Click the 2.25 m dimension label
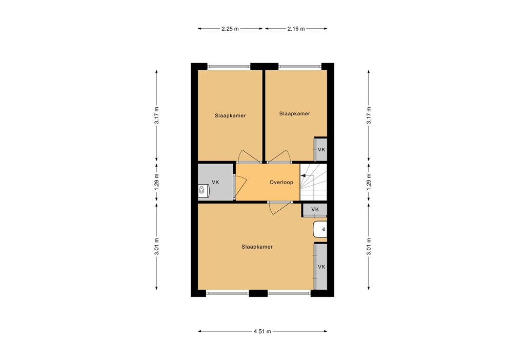(x=230, y=29)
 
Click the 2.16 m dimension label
(x=296, y=29)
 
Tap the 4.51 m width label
(x=262, y=332)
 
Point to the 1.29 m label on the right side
(x=368, y=182)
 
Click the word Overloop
(x=281, y=182)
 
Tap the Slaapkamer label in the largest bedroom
(x=257, y=247)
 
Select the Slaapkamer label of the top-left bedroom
(x=230, y=115)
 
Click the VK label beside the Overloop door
(x=215, y=182)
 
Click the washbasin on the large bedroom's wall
(x=320, y=229)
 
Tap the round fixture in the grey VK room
(x=203, y=191)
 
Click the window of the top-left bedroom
(x=229, y=66)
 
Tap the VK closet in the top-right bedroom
(x=321, y=150)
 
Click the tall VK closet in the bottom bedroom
(x=321, y=267)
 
